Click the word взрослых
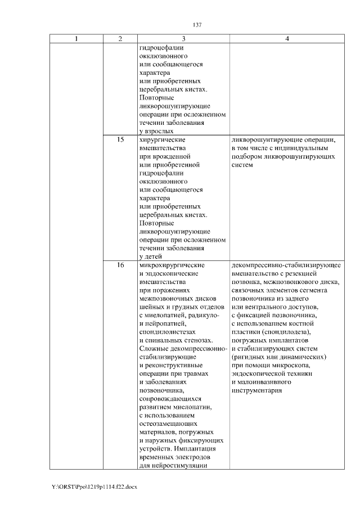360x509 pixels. [156, 130]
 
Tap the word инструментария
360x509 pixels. [256, 390]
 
